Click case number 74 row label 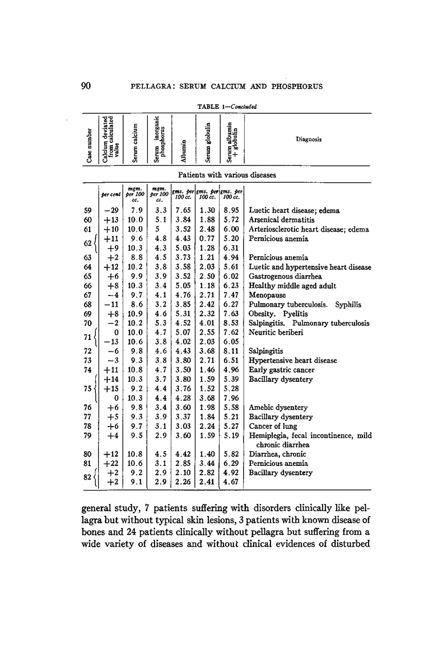[88, 370]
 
